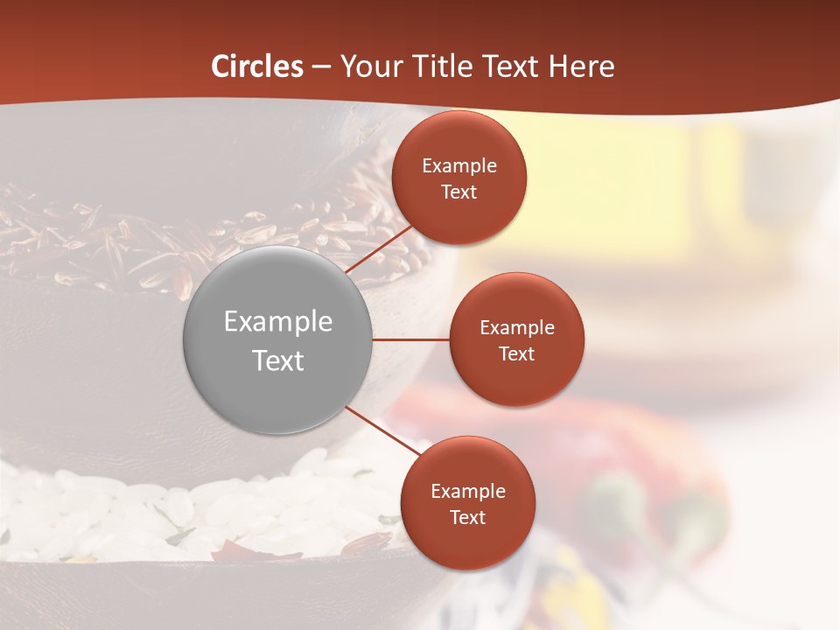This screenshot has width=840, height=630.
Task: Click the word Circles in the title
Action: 257,66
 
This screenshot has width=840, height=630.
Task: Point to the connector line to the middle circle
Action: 410,339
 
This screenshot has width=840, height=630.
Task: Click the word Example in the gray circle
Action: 277,322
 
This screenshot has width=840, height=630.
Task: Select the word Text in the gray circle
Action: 277,360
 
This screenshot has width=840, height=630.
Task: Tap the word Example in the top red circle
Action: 458,166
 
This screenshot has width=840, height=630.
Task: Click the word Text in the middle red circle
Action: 516,353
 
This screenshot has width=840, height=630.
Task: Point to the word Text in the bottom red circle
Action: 467,517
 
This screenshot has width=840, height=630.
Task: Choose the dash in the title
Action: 320,67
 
